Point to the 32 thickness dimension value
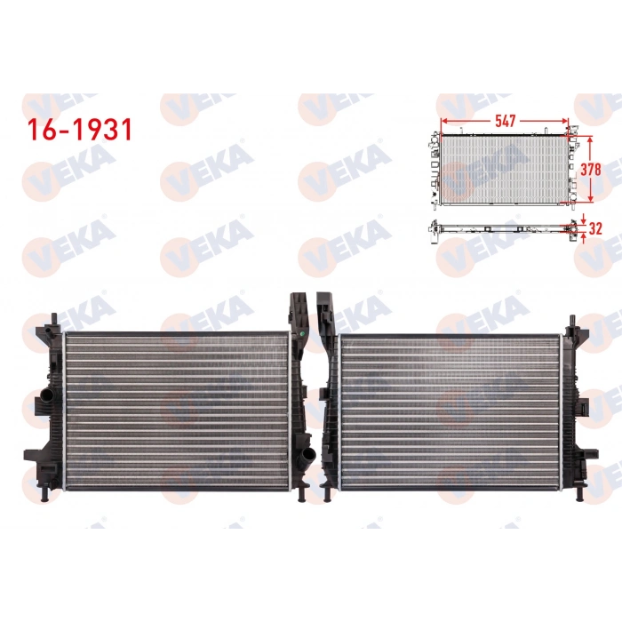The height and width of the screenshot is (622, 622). coord(597,227)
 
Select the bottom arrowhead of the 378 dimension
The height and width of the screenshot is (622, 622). coord(587,201)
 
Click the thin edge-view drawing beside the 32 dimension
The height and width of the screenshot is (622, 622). coord(502,228)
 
